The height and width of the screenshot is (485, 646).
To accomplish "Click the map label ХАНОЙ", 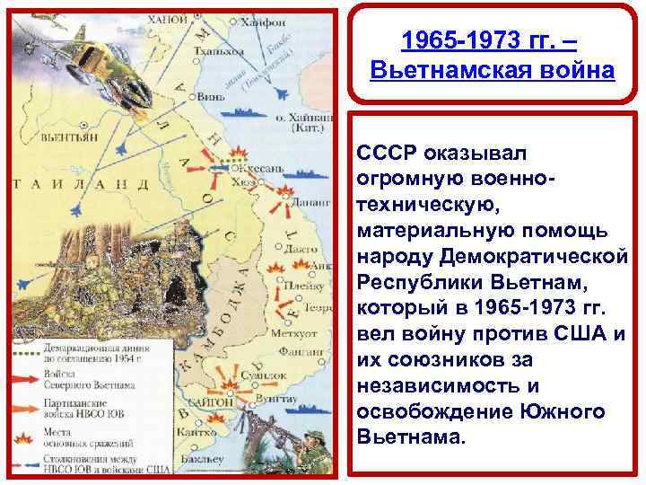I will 169,18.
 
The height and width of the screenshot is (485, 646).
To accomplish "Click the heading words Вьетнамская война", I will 492,71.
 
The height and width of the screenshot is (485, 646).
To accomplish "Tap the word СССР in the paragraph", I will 382,146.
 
